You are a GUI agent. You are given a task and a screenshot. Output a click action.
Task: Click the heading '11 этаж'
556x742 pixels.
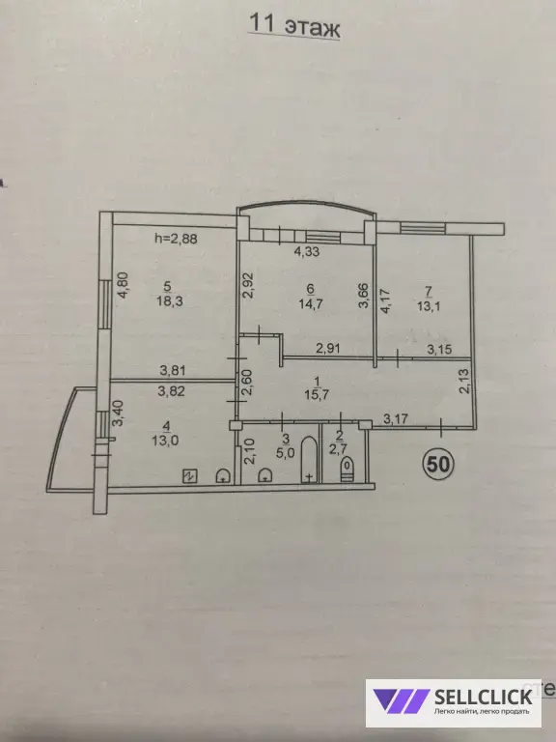[293, 25]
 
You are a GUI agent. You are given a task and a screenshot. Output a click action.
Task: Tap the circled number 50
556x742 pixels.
[439, 464]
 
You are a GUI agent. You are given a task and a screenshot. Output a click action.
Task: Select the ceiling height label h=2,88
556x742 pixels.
[176, 239]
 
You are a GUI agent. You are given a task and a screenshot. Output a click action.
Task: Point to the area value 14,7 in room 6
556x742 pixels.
[311, 304]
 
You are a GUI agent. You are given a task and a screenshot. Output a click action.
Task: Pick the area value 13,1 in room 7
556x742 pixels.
[429, 306]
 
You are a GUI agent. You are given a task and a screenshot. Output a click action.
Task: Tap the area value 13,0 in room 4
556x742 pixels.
[165, 441]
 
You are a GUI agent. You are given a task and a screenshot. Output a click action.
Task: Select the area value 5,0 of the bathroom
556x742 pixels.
[286, 452]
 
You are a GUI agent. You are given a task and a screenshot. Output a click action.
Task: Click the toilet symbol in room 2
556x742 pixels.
[347, 470]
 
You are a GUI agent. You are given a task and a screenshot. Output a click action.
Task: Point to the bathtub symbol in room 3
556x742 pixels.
[309, 460]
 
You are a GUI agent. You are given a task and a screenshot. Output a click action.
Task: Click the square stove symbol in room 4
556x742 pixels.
[190, 476]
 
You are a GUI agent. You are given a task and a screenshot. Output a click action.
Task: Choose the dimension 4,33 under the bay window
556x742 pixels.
[307, 251]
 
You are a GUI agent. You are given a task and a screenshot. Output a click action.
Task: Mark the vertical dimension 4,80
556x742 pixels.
[123, 284]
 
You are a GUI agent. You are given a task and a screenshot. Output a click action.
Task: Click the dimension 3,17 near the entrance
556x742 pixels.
[396, 418]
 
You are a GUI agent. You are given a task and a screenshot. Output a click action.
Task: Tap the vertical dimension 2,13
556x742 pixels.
[464, 381]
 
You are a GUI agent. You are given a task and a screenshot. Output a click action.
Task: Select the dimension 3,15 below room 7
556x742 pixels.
[439, 349]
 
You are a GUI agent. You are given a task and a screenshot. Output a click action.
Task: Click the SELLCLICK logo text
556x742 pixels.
[483, 696]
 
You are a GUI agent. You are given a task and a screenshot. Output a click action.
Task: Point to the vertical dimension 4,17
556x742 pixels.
[386, 300]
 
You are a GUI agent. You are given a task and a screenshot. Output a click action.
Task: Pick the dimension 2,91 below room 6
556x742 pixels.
[328, 349]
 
